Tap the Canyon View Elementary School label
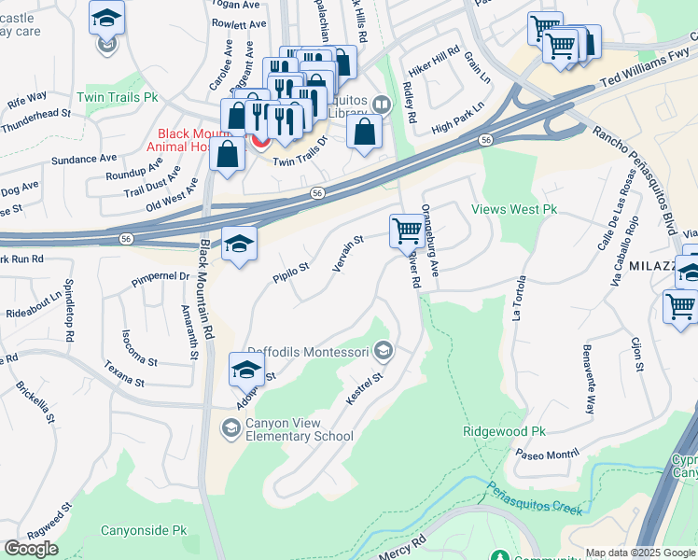pyautogui.click(x=299, y=429)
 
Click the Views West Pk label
pyautogui.click(x=514, y=210)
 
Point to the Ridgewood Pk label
pyautogui.click(x=504, y=432)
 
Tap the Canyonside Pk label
pyautogui.click(x=144, y=530)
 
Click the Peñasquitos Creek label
pyautogui.click(x=535, y=497)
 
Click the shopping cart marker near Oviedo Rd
pyautogui.click(x=406, y=231)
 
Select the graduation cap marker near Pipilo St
pyautogui.click(x=239, y=245)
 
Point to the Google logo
pyautogui.click(x=31, y=549)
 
